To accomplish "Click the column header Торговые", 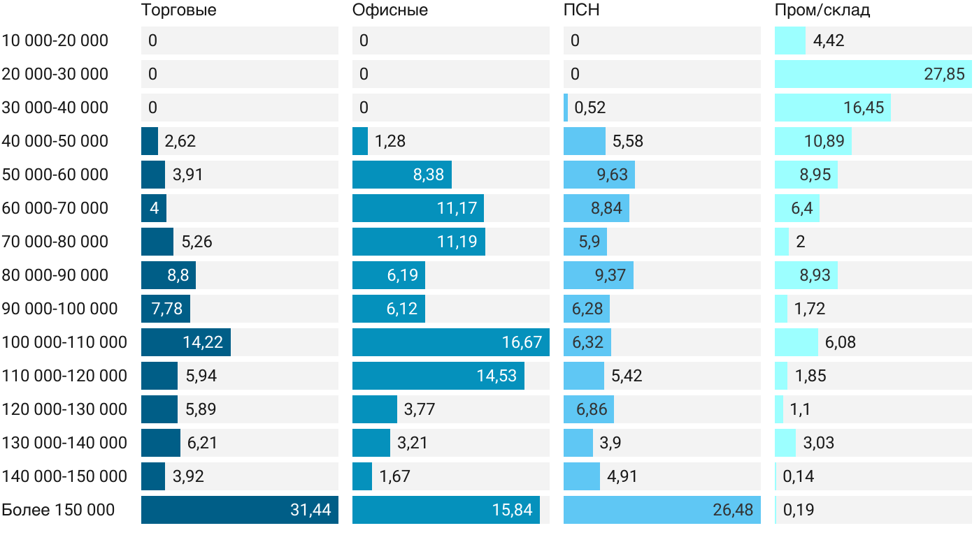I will point(178,10).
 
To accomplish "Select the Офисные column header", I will point(390,10).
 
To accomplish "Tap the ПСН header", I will point(582,10).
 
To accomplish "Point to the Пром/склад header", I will point(822,10).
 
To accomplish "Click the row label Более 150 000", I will point(58,510).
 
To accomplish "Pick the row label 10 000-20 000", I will point(55,41).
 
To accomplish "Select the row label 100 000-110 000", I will point(64,342).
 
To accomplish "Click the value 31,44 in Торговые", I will point(310,510).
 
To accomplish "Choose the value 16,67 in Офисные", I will point(522,342).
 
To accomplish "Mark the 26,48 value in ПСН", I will point(733,510).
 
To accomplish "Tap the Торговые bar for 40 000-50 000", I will point(150,141).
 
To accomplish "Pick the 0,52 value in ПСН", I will point(590,108).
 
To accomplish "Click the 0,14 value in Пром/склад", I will point(799,476).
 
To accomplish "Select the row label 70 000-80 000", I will point(55,242).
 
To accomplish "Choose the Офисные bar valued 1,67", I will point(362,476).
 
